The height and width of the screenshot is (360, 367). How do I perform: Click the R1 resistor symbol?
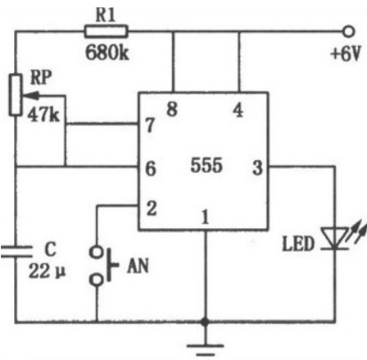(x=106, y=31)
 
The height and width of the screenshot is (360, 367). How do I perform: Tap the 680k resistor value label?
(x=107, y=52)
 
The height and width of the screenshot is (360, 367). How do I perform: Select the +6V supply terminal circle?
(x=348, y=31)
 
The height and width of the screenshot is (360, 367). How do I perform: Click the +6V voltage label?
(x=346, y=53)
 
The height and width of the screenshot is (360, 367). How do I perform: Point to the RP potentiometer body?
(x=16, y=95)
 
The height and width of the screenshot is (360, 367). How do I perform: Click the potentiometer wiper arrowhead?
(x=30, y=96)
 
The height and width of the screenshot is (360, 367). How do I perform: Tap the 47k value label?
(x=43, y=114)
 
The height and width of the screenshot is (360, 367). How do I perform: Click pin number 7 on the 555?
(x=150, y=125)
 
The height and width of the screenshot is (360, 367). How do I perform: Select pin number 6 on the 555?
(x=151, y=168)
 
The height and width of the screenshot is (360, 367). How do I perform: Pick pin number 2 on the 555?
(x=152, y=208)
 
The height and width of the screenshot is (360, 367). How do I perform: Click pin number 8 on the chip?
(x=172, y=109)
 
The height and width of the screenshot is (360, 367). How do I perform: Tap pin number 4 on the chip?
(x=238, y=110)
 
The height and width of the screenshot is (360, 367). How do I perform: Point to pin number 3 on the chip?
(x=257, y=167)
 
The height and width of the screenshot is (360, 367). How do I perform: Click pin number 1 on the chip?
(x=206, y=216)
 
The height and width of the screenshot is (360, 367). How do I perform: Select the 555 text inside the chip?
(x=206, y=165)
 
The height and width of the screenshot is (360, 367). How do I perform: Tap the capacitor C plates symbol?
(x=16, y=252)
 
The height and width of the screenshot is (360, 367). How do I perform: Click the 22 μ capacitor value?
(x=47, y=271)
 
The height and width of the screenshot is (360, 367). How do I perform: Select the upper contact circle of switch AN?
(x=97, y=252)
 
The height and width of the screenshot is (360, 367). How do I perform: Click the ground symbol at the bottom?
(x=206, y=350)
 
